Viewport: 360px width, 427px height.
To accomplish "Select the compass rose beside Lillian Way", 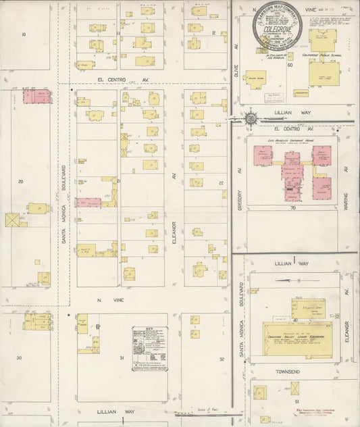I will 251,119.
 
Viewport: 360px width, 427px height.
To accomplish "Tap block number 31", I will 122,357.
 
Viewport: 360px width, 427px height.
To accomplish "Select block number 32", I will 222,359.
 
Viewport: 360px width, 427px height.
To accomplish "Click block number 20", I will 21,182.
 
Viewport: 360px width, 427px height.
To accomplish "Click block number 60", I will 290,65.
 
